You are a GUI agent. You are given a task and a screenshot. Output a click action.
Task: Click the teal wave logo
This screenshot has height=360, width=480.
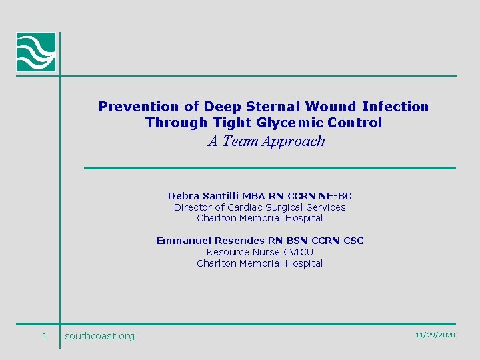[36, 52]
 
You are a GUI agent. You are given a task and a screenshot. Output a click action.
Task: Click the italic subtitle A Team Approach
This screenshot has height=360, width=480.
[267, 141]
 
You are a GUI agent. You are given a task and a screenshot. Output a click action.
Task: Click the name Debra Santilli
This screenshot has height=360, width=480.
[203, 196]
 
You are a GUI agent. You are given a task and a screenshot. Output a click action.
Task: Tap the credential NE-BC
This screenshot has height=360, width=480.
[335, 196]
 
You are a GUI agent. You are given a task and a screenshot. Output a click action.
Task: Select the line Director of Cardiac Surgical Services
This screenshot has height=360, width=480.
[260, 207]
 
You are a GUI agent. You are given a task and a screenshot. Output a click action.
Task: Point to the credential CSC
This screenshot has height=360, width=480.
[353, 241]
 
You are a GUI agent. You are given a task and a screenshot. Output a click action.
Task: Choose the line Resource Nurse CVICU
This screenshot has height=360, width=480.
[260, 252]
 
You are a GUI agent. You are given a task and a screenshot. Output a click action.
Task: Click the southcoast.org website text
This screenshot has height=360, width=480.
[99, 336]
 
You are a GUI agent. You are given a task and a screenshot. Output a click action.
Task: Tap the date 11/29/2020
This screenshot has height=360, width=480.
[435, 335]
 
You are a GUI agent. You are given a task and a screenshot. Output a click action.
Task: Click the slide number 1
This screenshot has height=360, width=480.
[44, 335]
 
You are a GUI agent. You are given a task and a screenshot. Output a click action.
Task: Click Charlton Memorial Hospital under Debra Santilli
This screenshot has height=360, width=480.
[260, 218]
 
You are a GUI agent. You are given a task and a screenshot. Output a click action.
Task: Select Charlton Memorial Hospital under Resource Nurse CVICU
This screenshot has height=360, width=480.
[260, 263]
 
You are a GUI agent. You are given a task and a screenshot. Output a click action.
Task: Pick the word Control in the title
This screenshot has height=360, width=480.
[360, 123]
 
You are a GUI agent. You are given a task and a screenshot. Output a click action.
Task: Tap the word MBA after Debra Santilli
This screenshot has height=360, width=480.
[253, 196]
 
